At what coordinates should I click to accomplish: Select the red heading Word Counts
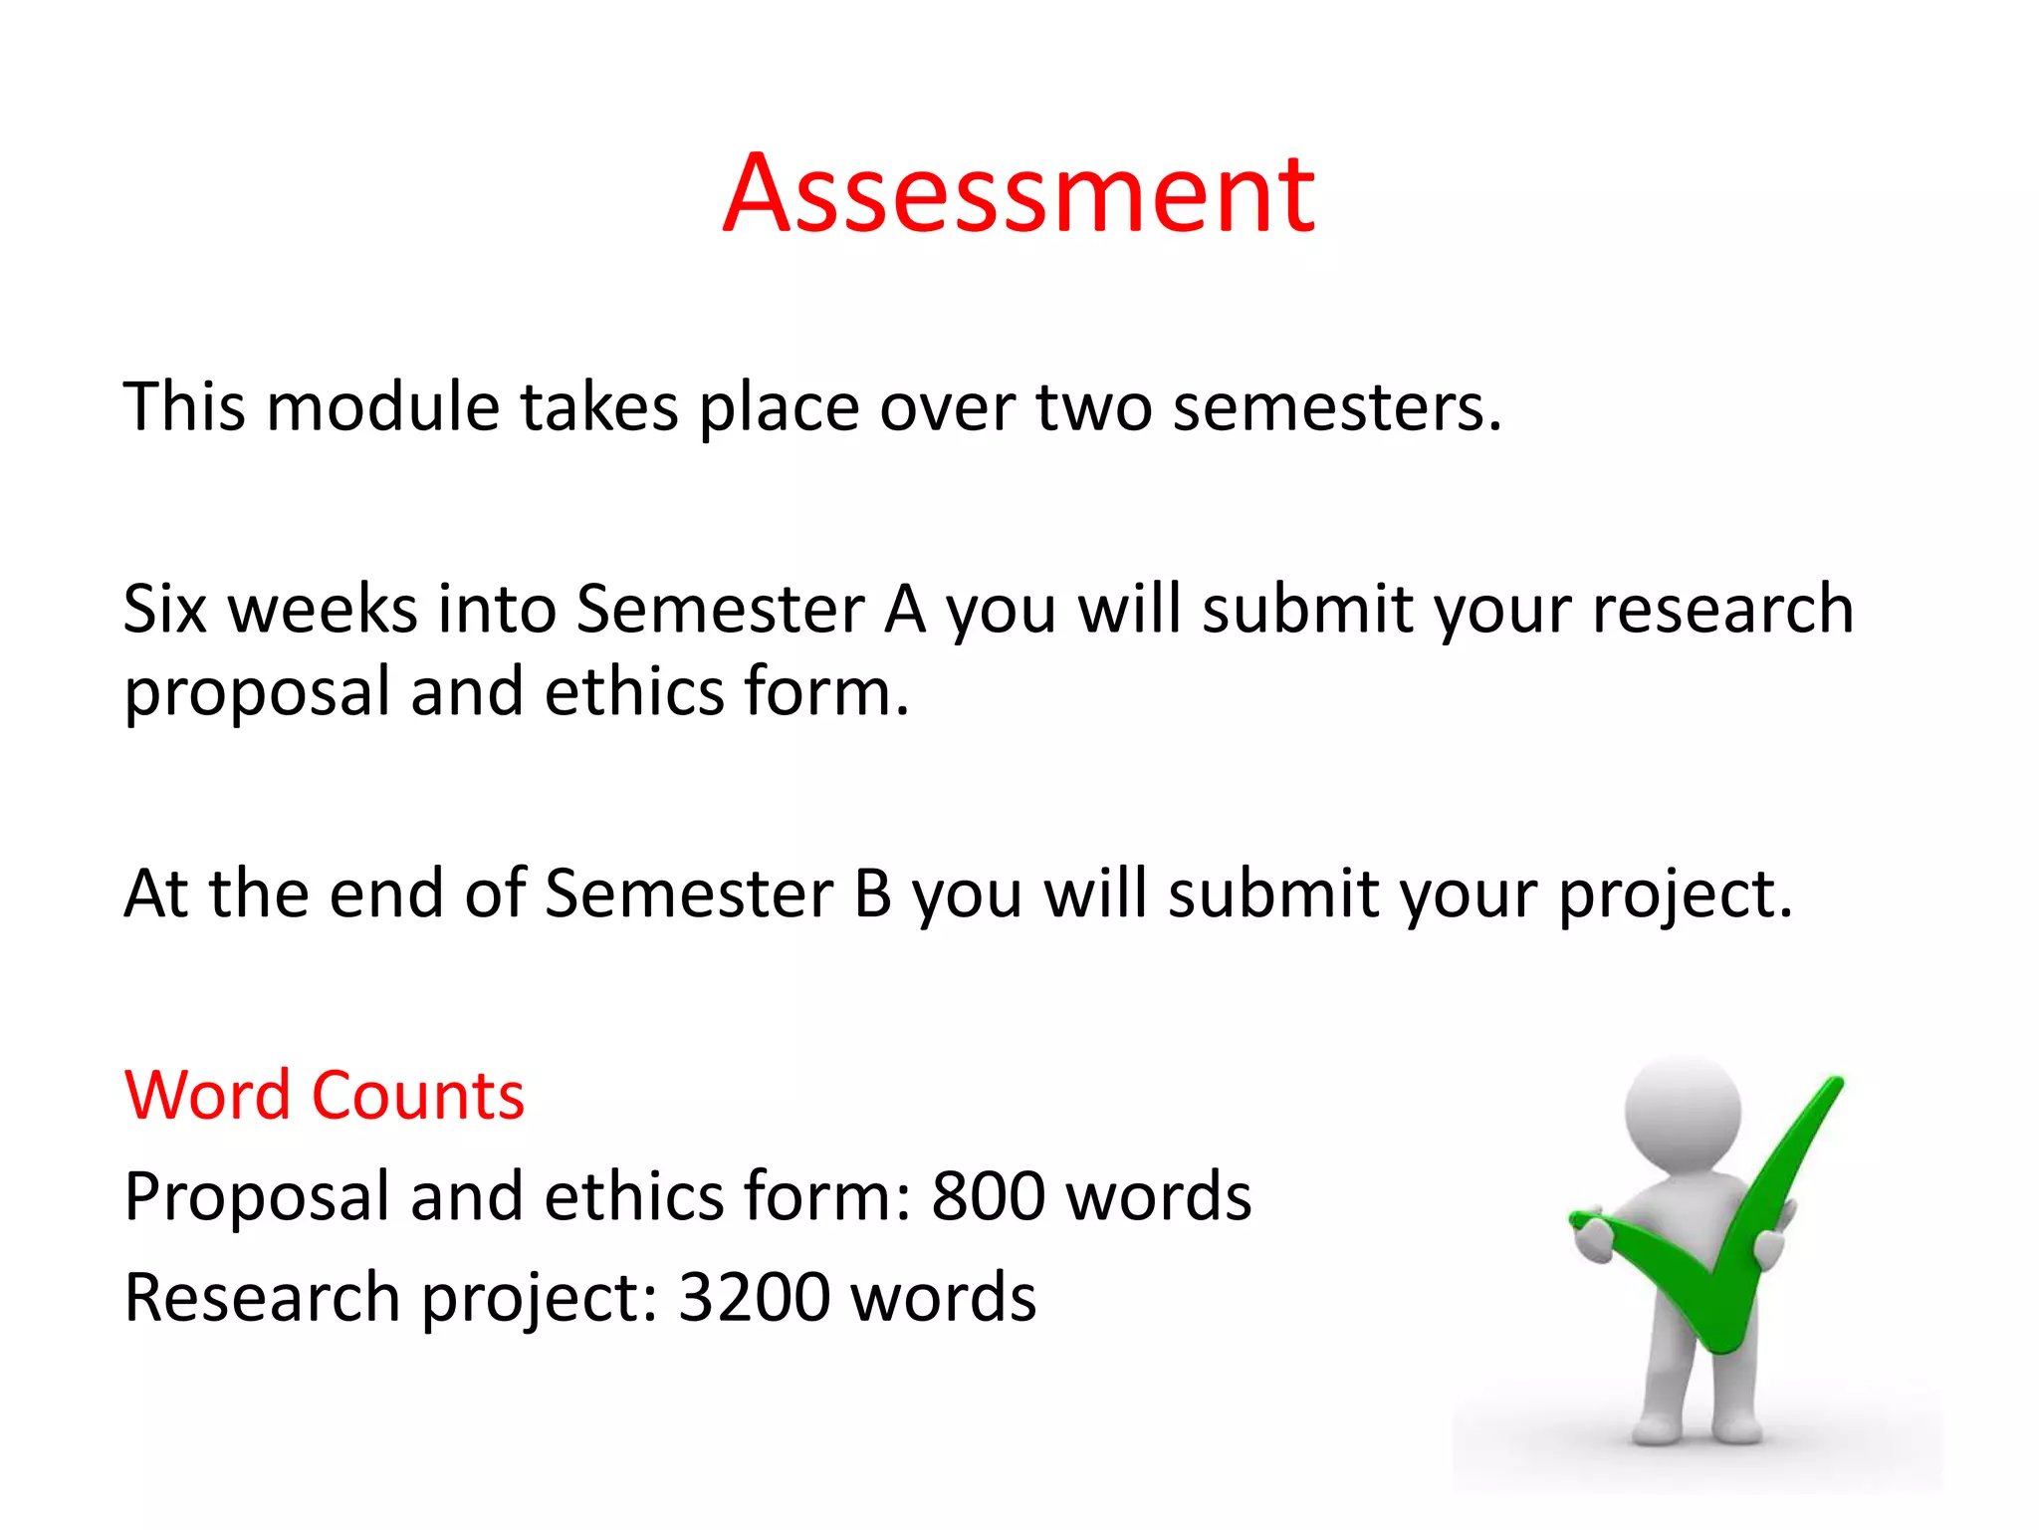[x=324, y=1096]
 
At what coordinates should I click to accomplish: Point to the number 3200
[x=754, y=1297]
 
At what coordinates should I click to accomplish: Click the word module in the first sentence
[x=382, y=407]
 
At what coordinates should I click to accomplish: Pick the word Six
[x=164, y=609]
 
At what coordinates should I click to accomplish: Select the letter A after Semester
[x=905, y=609]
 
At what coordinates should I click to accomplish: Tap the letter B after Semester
[x=872, y=892]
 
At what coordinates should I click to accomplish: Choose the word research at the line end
[x=1722, y=609]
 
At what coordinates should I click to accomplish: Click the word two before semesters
[x=1093, y=407]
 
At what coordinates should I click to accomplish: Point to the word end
[x=386, y=892]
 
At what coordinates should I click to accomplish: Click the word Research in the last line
[x=262, y=1297]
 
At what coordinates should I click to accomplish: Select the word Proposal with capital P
[x=257, y=1195]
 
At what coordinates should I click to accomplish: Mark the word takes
[x=598, y=407]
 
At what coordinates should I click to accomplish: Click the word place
[x=779, y=407]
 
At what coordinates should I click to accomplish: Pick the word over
[x=947, y=407]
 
